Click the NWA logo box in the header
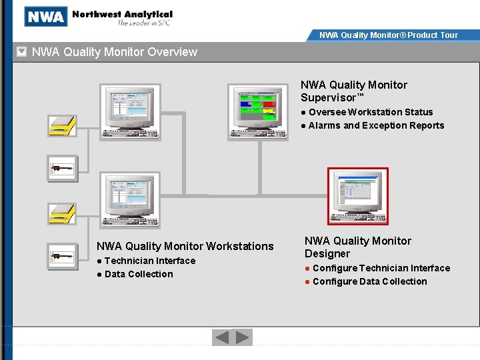coord(45,17)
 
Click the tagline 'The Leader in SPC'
coord(144,23)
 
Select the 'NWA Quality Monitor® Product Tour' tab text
coord(388,35)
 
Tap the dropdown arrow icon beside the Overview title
coord(22,52)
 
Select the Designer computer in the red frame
coord(358,196)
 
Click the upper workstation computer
coord(130,111)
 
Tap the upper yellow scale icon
coord(61,125)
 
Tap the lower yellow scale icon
coord(61,213)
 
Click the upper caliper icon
coord(62,169)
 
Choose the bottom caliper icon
coord(62,256)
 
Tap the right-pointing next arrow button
coord(243,337)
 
